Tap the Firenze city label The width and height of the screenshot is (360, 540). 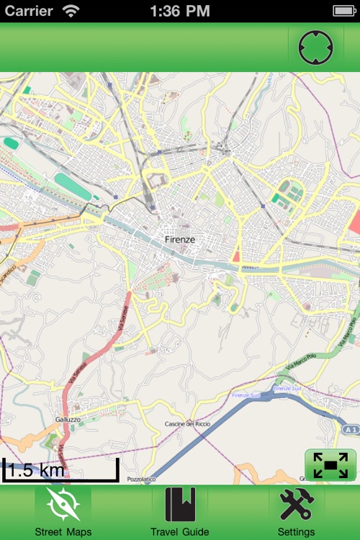click(x=180, y=239)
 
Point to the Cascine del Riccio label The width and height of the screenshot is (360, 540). click(x=187, y=423)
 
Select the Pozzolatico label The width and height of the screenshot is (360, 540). click(x=141, y=478)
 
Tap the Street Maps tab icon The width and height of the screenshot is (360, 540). click(x=63, y=505)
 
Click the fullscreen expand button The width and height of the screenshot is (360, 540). click(x=330, y=465)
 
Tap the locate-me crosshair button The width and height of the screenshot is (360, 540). click(x=316, y=48)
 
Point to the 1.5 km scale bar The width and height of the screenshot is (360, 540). click(x=60, y=471)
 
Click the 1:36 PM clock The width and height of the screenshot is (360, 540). click(x=180, y=11)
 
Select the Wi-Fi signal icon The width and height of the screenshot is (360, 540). click(x=71, y=11)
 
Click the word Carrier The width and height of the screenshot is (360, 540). click(x=29, y=11)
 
